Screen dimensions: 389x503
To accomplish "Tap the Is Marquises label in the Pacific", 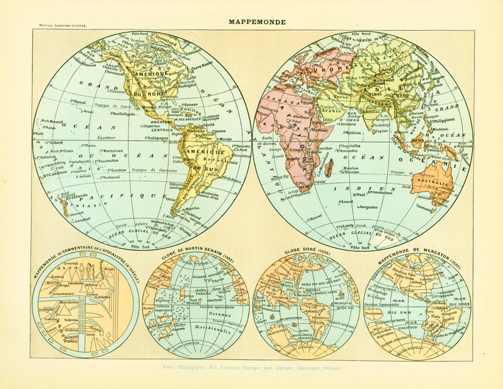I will [x=110, y=151].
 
